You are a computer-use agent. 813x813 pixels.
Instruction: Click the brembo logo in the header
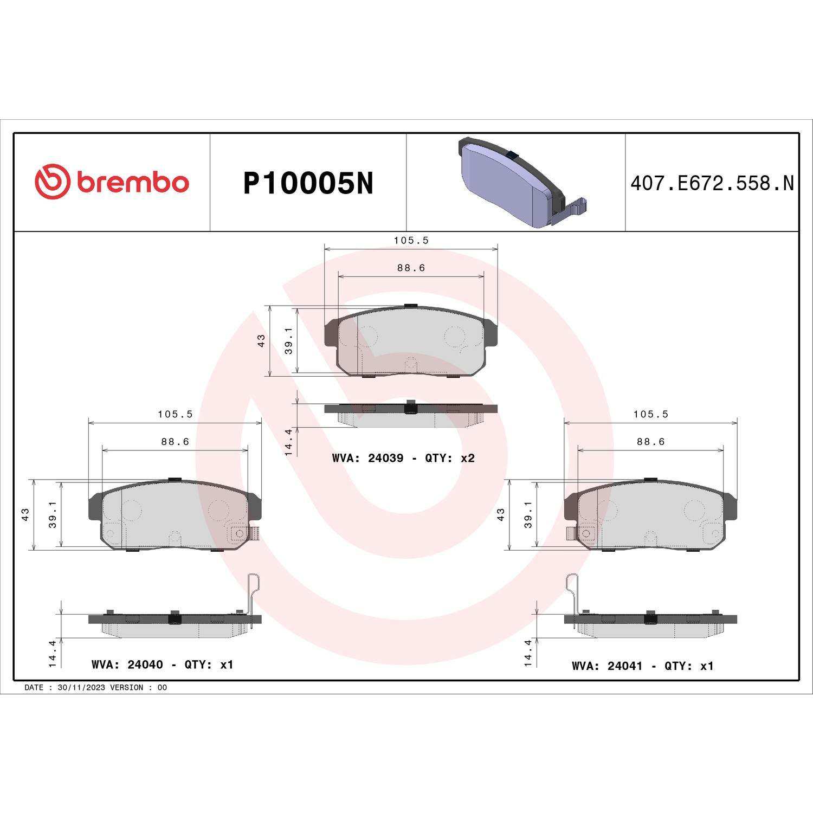click(x=112, y=182)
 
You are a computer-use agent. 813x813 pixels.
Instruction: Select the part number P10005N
click(x=308, y=183)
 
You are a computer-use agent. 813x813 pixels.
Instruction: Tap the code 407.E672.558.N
click(x=712, y=183)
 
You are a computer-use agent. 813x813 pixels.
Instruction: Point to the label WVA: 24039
click(x=367, y=458)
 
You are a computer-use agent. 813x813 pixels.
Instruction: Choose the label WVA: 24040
click(x=127, y=664)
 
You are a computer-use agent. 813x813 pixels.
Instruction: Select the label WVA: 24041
click(x=607, y=666)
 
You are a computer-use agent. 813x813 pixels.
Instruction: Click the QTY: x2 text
click(x=450, y=458)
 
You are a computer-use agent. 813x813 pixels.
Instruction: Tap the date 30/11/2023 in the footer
click(x=81, y=687)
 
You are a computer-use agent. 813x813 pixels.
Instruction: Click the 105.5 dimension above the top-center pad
click(x=411, y=240)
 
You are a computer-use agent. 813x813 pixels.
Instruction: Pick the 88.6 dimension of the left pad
click(x=175, y=442)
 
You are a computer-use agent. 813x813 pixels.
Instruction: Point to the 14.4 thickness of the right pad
click(x=528, y=653)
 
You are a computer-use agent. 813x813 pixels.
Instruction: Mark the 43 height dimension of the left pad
click(x=25, y=514)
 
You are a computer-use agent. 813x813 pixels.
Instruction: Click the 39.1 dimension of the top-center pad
click(x=288, y=340)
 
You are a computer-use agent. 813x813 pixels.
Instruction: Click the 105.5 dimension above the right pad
click(x=650, y=414)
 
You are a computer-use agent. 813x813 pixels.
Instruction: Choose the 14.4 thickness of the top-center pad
click(x=288, y=441)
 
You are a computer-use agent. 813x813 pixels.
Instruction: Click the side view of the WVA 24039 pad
click(x=410, y=414)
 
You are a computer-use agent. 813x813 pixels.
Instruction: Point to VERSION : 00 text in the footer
click(x=138, y=687)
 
